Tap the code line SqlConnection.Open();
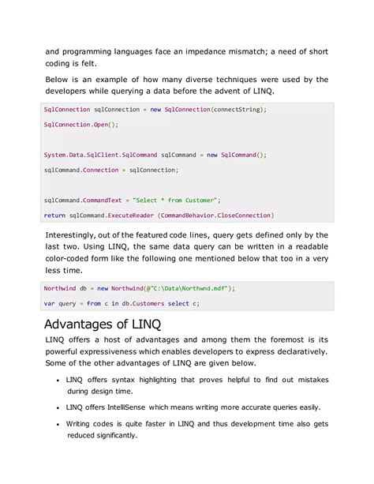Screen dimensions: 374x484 [80, 125]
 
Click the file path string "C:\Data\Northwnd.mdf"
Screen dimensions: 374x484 [189, 287]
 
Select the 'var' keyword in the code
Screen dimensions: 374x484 [49, 302]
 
